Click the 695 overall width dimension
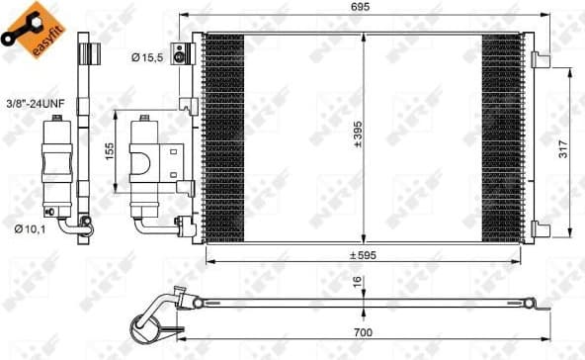click(x=367, y=8)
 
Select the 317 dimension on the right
click(x=562, y=148)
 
